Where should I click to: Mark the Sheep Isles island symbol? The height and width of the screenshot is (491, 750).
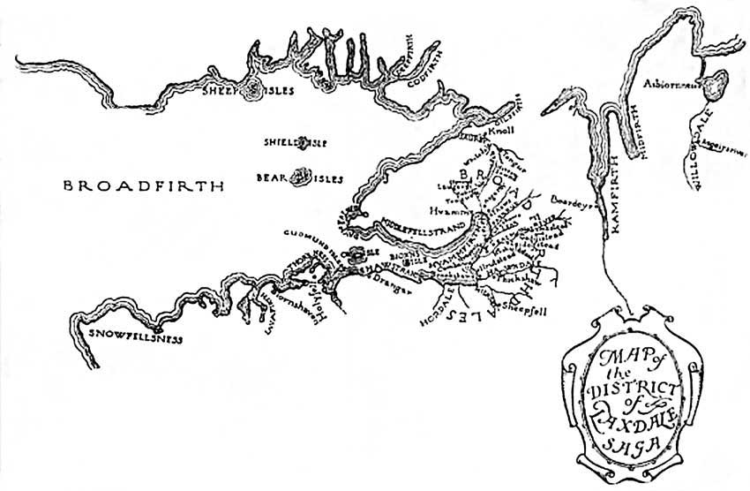point(252,87)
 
